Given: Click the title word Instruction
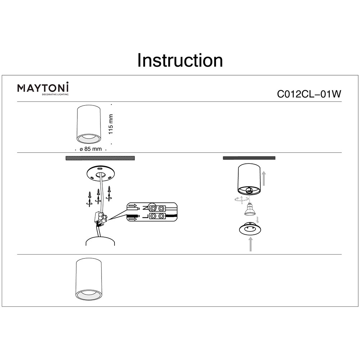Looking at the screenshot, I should pos(180,60).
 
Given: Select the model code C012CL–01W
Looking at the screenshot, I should pos(309,94).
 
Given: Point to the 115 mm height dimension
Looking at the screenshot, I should pos(111,124).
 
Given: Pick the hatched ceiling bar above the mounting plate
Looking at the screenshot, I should pos(100,158).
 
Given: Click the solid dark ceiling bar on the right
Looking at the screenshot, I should pos(249,158).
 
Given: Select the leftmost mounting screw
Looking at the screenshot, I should pos(89,198).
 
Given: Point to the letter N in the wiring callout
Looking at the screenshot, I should pos(144,208).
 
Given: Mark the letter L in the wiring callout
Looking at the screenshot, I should pos(144,216).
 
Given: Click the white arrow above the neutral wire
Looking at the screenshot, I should pos(132,206).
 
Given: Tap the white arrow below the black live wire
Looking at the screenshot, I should pos(132,219).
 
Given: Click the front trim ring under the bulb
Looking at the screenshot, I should pos(249,230).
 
